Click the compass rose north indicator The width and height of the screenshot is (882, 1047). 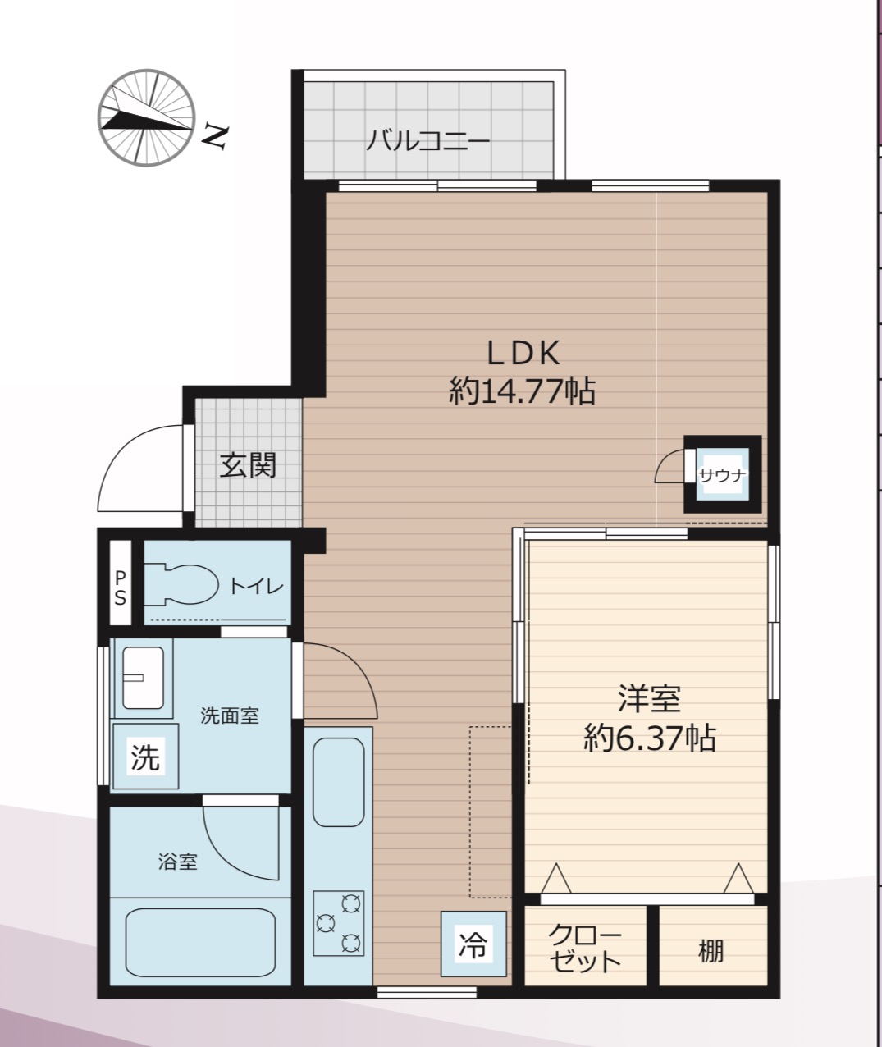(x=146, y=118)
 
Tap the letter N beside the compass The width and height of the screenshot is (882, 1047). (x=215, y=137)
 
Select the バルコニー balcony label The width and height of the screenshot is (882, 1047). (x=427, y=141)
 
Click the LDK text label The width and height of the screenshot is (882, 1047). (x=523, y=353)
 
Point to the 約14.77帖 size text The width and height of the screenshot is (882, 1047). (x=522, y=391)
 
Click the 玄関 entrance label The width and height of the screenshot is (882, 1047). (x=249, y=464)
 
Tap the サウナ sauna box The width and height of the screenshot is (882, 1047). (x=723, y=474)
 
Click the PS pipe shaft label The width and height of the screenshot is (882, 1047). (x=121, y=588)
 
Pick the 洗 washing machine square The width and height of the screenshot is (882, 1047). (x=145, y=757)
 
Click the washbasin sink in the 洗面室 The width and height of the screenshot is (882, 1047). (x=143, y=678)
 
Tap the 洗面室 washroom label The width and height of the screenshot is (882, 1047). (x=230, y=716)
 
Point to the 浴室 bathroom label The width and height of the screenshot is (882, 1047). (x=178, y=862)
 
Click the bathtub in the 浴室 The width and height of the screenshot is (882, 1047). (x=200, y=943)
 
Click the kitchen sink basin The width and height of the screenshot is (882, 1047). (x=339, y=782)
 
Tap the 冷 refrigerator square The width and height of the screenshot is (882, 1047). (x=473, y=944)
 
